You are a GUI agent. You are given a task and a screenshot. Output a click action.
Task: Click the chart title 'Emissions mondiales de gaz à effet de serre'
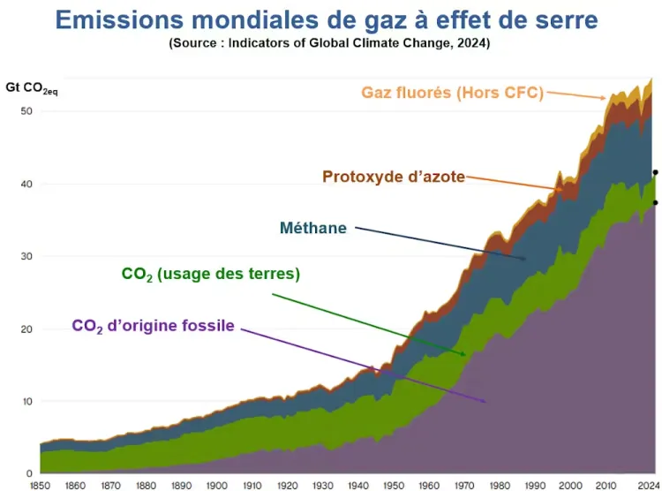[338, 19]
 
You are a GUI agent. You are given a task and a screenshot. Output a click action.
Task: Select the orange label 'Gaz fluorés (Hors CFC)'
[452, 93]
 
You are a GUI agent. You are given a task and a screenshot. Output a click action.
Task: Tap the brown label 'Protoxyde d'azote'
[393, 177]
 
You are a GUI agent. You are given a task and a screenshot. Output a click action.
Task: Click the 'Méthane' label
[312, 228]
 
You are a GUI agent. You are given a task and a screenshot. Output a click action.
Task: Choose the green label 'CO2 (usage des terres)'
[210, 275]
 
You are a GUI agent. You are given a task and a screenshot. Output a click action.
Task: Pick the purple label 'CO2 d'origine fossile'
[153, 326]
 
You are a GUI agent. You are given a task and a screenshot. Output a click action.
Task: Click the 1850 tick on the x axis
[40, 484]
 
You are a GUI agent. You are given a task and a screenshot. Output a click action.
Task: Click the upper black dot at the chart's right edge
[655, 173]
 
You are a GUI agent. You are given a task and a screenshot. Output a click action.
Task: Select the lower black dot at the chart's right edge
[655, 203]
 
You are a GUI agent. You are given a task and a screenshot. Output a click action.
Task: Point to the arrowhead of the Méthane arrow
[526, 260]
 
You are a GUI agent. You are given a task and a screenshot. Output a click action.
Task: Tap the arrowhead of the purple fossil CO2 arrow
[485, 403]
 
